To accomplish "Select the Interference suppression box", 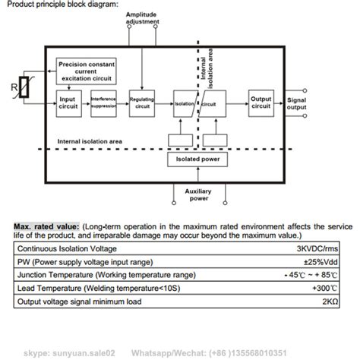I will point(103,101).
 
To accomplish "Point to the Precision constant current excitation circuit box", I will point(87,71).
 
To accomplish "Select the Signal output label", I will point(298,105).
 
